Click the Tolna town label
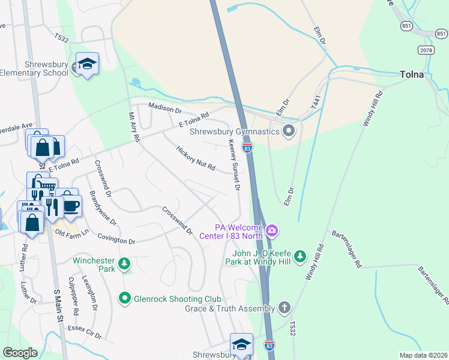[x=412, y=75]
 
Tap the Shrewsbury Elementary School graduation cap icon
[x=88, y=64]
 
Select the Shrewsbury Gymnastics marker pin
[x=289, y=131]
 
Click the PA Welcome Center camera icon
[x=272, y=230]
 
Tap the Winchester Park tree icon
[x=124, y=263]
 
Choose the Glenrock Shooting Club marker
[x=125, y=297]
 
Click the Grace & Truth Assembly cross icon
[x=285, y=308]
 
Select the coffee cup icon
[x=71, y=205]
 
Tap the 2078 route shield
[x=426, y=50]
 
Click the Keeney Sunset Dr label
[x=233, y=164]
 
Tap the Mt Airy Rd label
[x=134, y=127]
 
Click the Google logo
[x=20, y=353]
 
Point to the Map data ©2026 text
[x=423, y=355]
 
